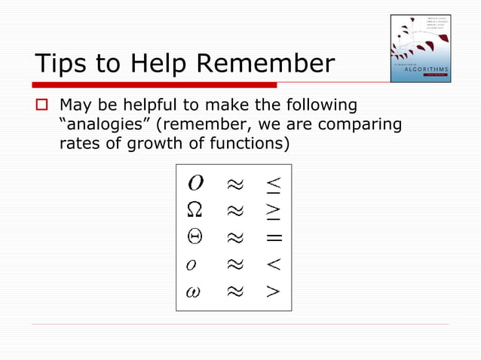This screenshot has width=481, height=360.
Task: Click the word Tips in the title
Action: (x=62, y=64)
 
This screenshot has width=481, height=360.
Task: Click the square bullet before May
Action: (x=42, y=105)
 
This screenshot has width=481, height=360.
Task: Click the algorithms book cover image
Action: (x=420, y=48)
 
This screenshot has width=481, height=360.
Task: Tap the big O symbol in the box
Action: (x=194, y=183)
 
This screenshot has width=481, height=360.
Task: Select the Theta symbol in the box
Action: (x=194, y=236)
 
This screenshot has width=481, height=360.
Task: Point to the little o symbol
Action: (x=192, y=265)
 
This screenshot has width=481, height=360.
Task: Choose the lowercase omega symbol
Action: (x=193, y=291)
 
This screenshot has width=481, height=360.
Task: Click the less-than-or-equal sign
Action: (x=273, y=183)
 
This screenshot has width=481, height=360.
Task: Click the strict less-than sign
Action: (x=273, y=264)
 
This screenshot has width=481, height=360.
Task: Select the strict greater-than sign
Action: (x=273, y=291)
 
